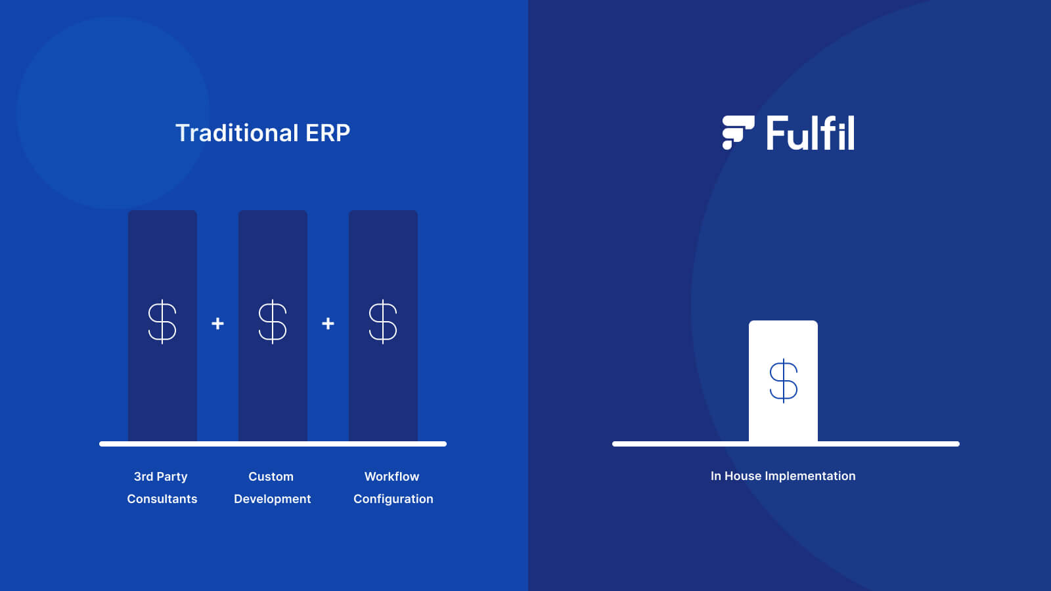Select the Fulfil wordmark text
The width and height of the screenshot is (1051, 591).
tap(811, 133)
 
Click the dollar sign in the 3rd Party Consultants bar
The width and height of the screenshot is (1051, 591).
tap(162, 322)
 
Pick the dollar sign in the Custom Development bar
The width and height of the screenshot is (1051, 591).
tap(273, 322)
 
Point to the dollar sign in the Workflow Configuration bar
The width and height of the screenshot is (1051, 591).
tap(383, 322)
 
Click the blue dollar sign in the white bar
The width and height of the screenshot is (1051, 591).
tap(783, 380)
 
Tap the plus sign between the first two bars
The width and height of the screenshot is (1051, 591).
tap(217, 324)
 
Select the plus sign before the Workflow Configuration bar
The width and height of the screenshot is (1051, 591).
tap(328, 324)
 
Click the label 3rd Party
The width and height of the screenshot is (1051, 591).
tap(161, 477)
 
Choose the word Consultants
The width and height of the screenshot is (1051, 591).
tap(162, 499)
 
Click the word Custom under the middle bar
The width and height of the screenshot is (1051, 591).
tap(271, 477)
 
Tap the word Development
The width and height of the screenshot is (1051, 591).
tap(273, 499)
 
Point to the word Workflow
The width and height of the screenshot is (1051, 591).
tap(391, 477)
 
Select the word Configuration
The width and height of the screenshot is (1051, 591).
tap(393, 499)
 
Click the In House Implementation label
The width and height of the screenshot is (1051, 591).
tap(783, 476)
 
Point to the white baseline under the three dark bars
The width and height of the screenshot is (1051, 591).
tap(273, 444)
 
